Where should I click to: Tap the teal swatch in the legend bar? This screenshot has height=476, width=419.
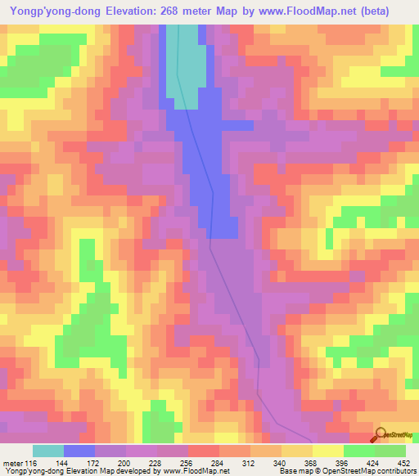click(48, 451)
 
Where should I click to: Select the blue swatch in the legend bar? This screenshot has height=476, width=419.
click(79, 451)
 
